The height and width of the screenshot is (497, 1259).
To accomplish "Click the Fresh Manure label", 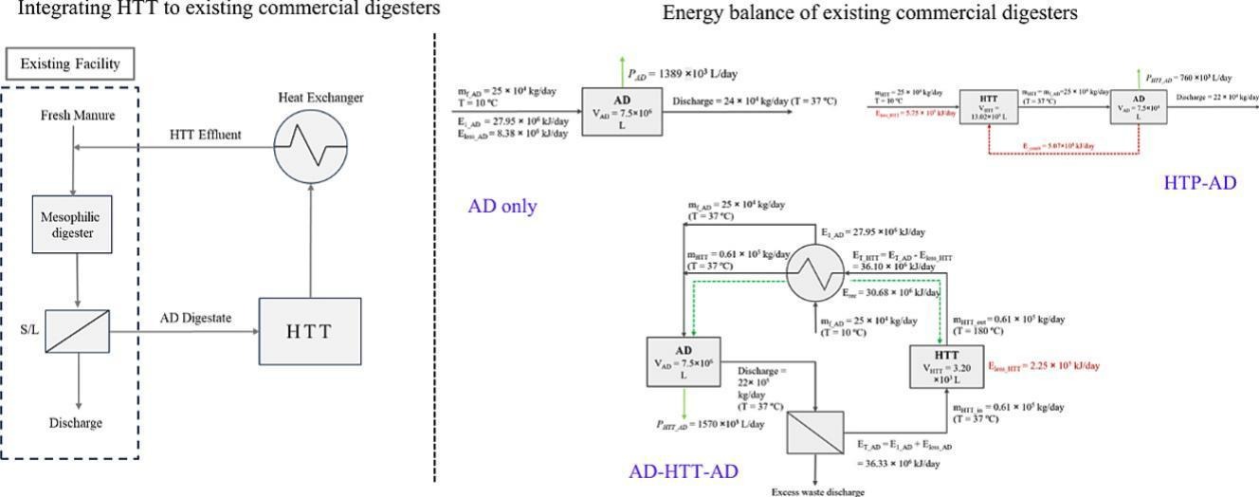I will pyautogui.click(x=78, y=116).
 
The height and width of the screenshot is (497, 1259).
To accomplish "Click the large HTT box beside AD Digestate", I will pyautogui.click(x=309, y=331).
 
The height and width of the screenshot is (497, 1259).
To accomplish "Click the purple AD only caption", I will pyautogui.click(x=502, y=206).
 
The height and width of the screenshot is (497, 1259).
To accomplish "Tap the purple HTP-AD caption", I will pyautogui.click(x=1199, y=182).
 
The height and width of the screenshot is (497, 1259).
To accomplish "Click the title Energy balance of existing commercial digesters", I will pyautogui.click(x=869, y=13).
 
